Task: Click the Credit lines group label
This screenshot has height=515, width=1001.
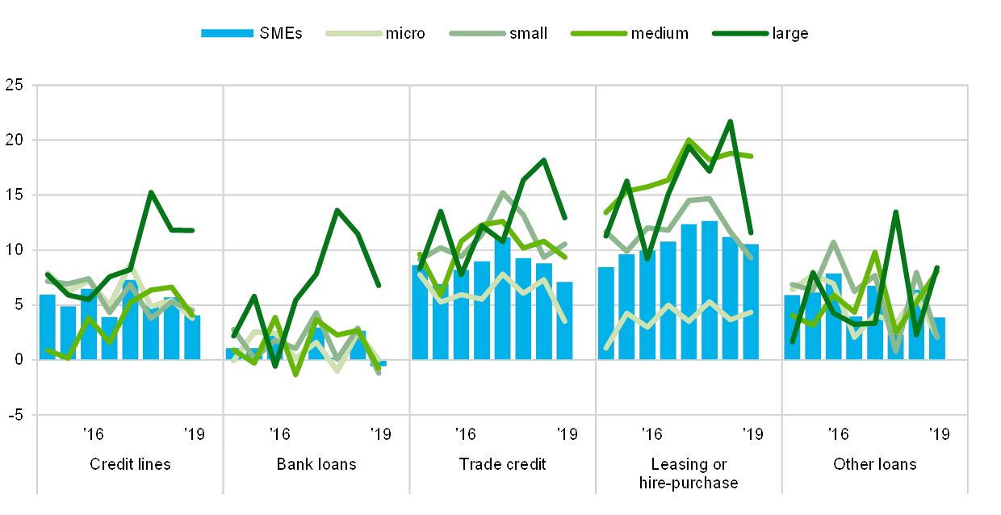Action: (x=130, y=464)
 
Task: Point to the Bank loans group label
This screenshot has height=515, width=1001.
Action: (x=316, y=464)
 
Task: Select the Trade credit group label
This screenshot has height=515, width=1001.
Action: (x=503, y=464)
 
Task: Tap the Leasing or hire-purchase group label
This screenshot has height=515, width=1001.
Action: (x=689, y=473)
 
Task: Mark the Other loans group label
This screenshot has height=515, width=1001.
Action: (x=875, y=464)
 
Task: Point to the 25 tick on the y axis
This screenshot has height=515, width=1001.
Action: (x=14, y=85)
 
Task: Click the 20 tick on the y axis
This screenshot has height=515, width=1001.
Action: (x=14, y=140)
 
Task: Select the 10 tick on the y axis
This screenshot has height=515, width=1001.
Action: (x=14, y=250)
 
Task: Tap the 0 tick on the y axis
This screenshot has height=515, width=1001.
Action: (x=17, y=360)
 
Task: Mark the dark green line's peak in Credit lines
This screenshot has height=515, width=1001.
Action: (x=151, y=193)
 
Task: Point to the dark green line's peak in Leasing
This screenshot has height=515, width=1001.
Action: (x=730, y=122)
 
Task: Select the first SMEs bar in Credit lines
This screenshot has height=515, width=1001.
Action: (x=48, y=327)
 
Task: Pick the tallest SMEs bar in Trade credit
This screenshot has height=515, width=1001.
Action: (x=502, y=299)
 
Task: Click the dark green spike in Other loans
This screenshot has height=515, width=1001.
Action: (x=896, y=212)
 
